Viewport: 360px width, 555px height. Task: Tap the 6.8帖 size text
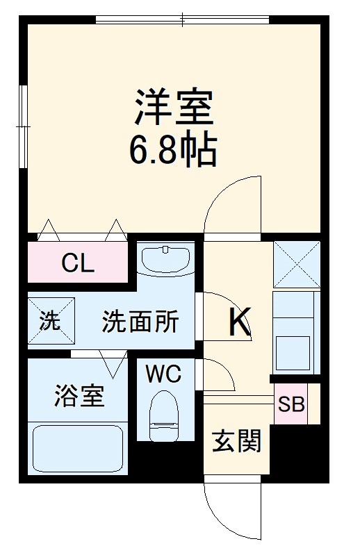coord(173,149)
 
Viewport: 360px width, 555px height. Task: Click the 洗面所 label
coord(140,322)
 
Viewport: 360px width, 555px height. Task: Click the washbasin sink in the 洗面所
coord(165,258)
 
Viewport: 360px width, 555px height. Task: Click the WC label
coord(163,374)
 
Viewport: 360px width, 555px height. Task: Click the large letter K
coord(239,322)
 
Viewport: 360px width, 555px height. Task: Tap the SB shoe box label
coord(291,404)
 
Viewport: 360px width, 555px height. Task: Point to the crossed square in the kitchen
coord(296,264)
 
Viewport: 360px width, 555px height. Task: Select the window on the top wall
coord(182,19)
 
